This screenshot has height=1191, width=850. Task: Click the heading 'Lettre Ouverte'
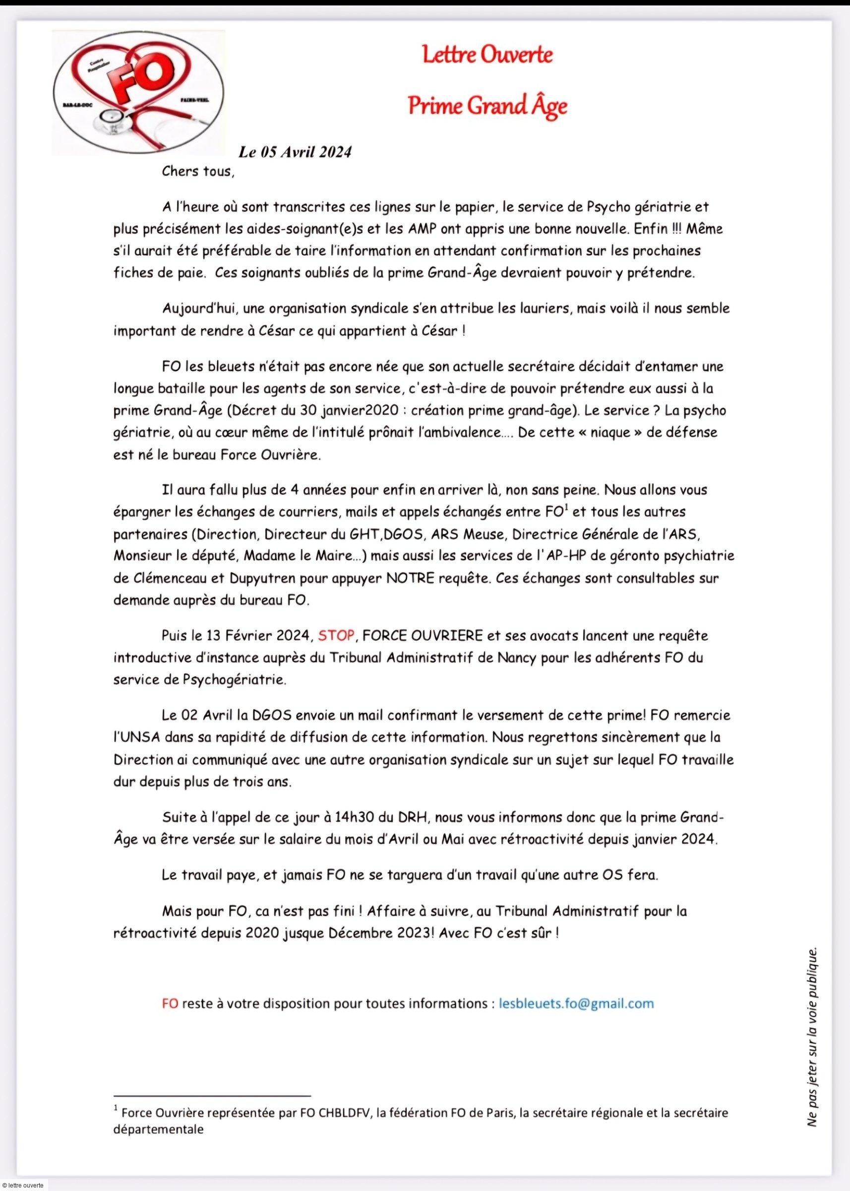pos(487,55)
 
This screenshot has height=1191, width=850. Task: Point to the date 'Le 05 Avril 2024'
pos(295,152)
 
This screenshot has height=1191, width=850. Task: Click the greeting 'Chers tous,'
pos(198,171)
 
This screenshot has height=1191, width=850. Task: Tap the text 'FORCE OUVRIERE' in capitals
pos(423,636)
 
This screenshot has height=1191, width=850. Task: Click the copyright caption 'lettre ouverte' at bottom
pos(22,1185)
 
